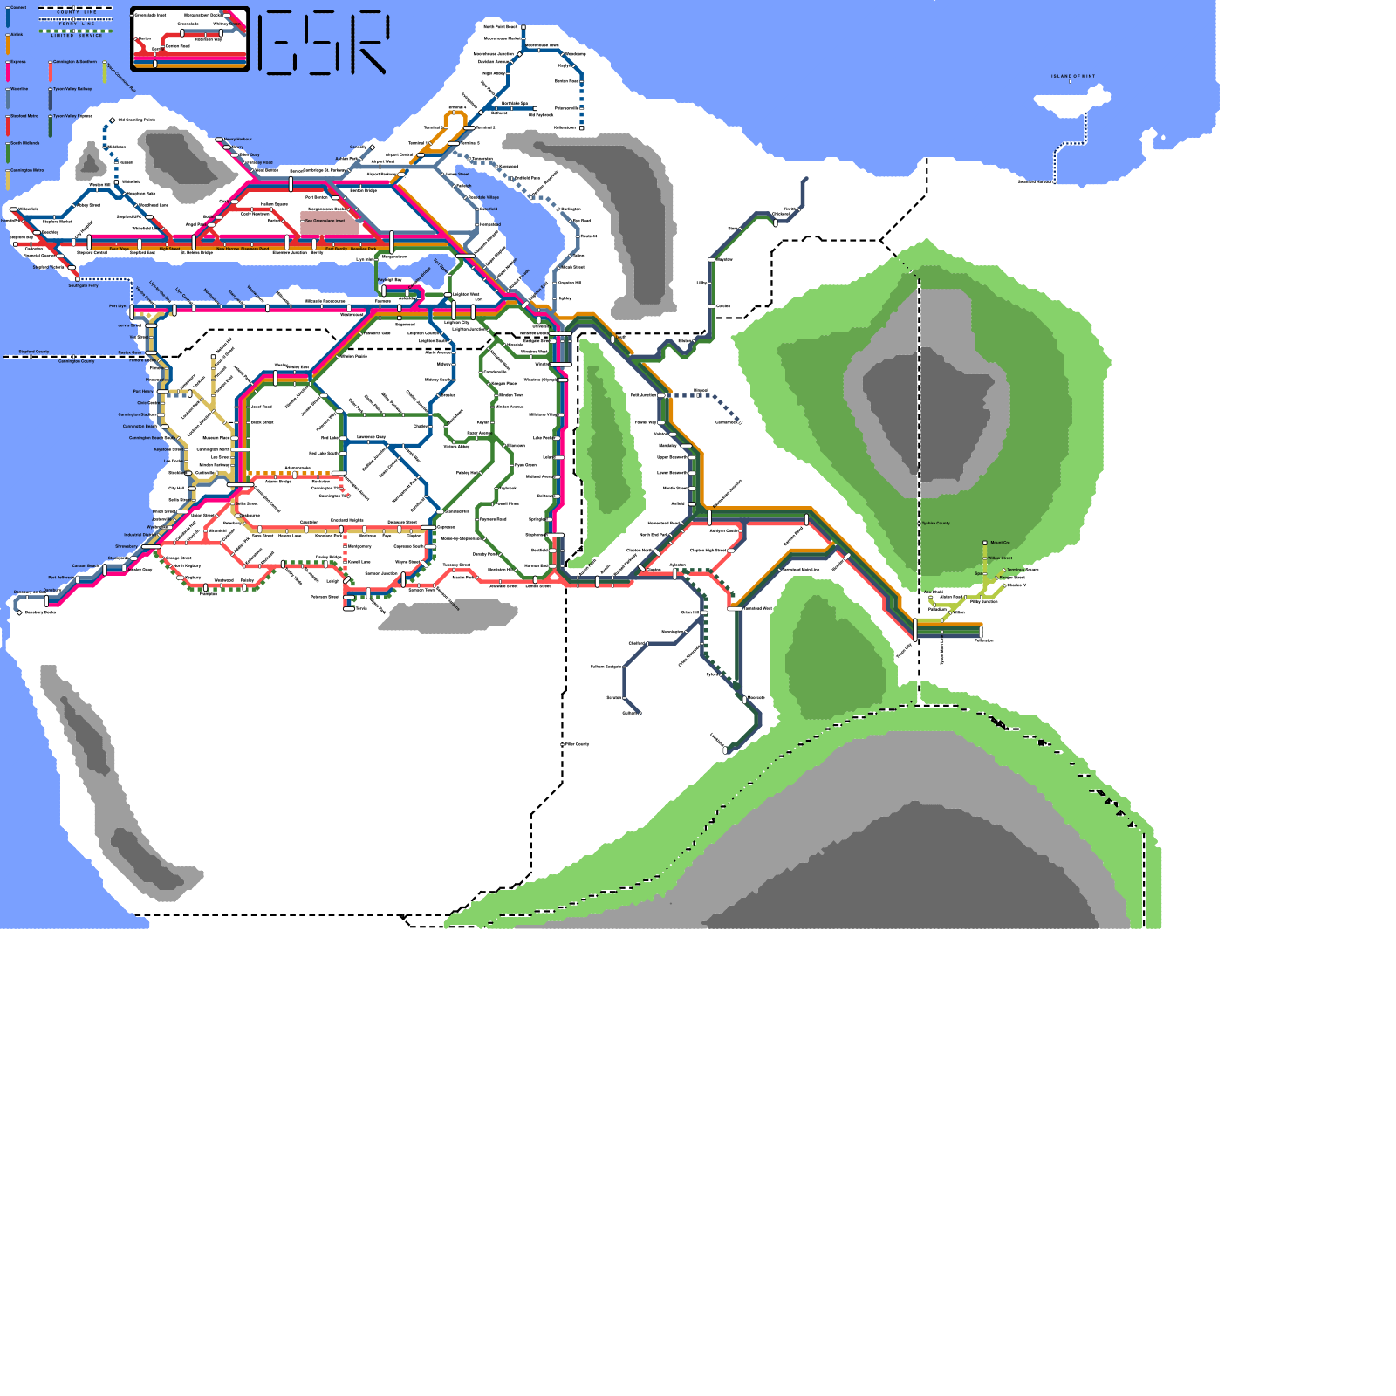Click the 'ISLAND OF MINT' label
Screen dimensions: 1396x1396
point(1072,76)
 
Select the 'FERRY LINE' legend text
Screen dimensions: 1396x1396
point(76,24)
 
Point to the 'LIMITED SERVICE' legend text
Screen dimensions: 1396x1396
point(76,36)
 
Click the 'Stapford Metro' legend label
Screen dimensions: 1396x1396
point(24,116)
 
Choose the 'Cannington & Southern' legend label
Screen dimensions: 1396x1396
point(74,62)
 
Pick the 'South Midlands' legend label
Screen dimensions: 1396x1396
point(24,143)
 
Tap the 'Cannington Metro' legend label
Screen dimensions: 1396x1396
point(26,170)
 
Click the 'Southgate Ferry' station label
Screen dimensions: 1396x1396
point(84,285)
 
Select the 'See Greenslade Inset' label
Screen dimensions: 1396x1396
point(325,221)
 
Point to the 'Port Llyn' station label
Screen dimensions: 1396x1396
point(117,306)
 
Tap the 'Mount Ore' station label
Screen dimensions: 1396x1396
point(1000,543)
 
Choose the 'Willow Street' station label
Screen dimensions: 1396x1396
point(1000,558)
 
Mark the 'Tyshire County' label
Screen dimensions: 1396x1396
point(936,523)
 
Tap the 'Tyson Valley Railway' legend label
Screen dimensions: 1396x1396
point(72,89)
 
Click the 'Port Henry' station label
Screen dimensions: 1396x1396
point(142,391)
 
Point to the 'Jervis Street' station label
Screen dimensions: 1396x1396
point(129,325)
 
